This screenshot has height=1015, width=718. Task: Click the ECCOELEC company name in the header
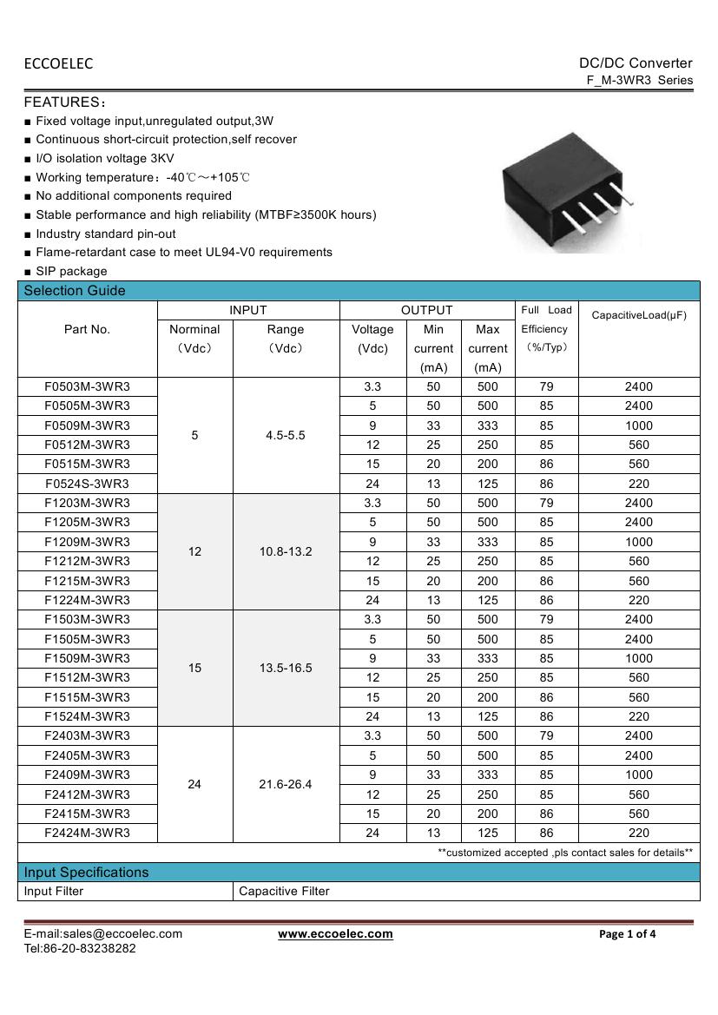pyautogui.click(x=58, y=63)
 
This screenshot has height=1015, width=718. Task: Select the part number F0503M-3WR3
pyautogui.click(x=87, y=386)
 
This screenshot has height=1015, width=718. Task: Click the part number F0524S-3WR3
pyautogui.click(x=87, y=484)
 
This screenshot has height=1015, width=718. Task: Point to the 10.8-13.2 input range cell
pyautogui.click(x=286, y=551)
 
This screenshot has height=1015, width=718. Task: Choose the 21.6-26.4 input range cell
pyautogui.click(x=286, y=784)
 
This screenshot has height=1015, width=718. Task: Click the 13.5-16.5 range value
pyautogui.click(x=286, y=668)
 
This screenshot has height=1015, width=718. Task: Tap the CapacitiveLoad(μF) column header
pyautogui.click(x=638, y=315)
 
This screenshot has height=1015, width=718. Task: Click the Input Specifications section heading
pyautogui.click(x=86, y=872)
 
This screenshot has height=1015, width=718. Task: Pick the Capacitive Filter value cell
pyautogui.click(x=284, y=891)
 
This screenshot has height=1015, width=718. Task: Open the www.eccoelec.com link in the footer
pyautogui.click(x=335, y=934)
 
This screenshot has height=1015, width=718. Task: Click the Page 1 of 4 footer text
pyautogui.click(x=628, y=934)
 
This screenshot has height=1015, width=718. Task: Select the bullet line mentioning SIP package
pyautogui.click(x=71, y=271)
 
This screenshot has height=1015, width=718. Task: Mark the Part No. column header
pyautogui.click(x=87, y=329)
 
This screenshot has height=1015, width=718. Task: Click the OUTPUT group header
pyautogui.click(x=426, y=310)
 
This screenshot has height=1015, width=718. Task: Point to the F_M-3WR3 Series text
pyautogui.click(x=640, y=80)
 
